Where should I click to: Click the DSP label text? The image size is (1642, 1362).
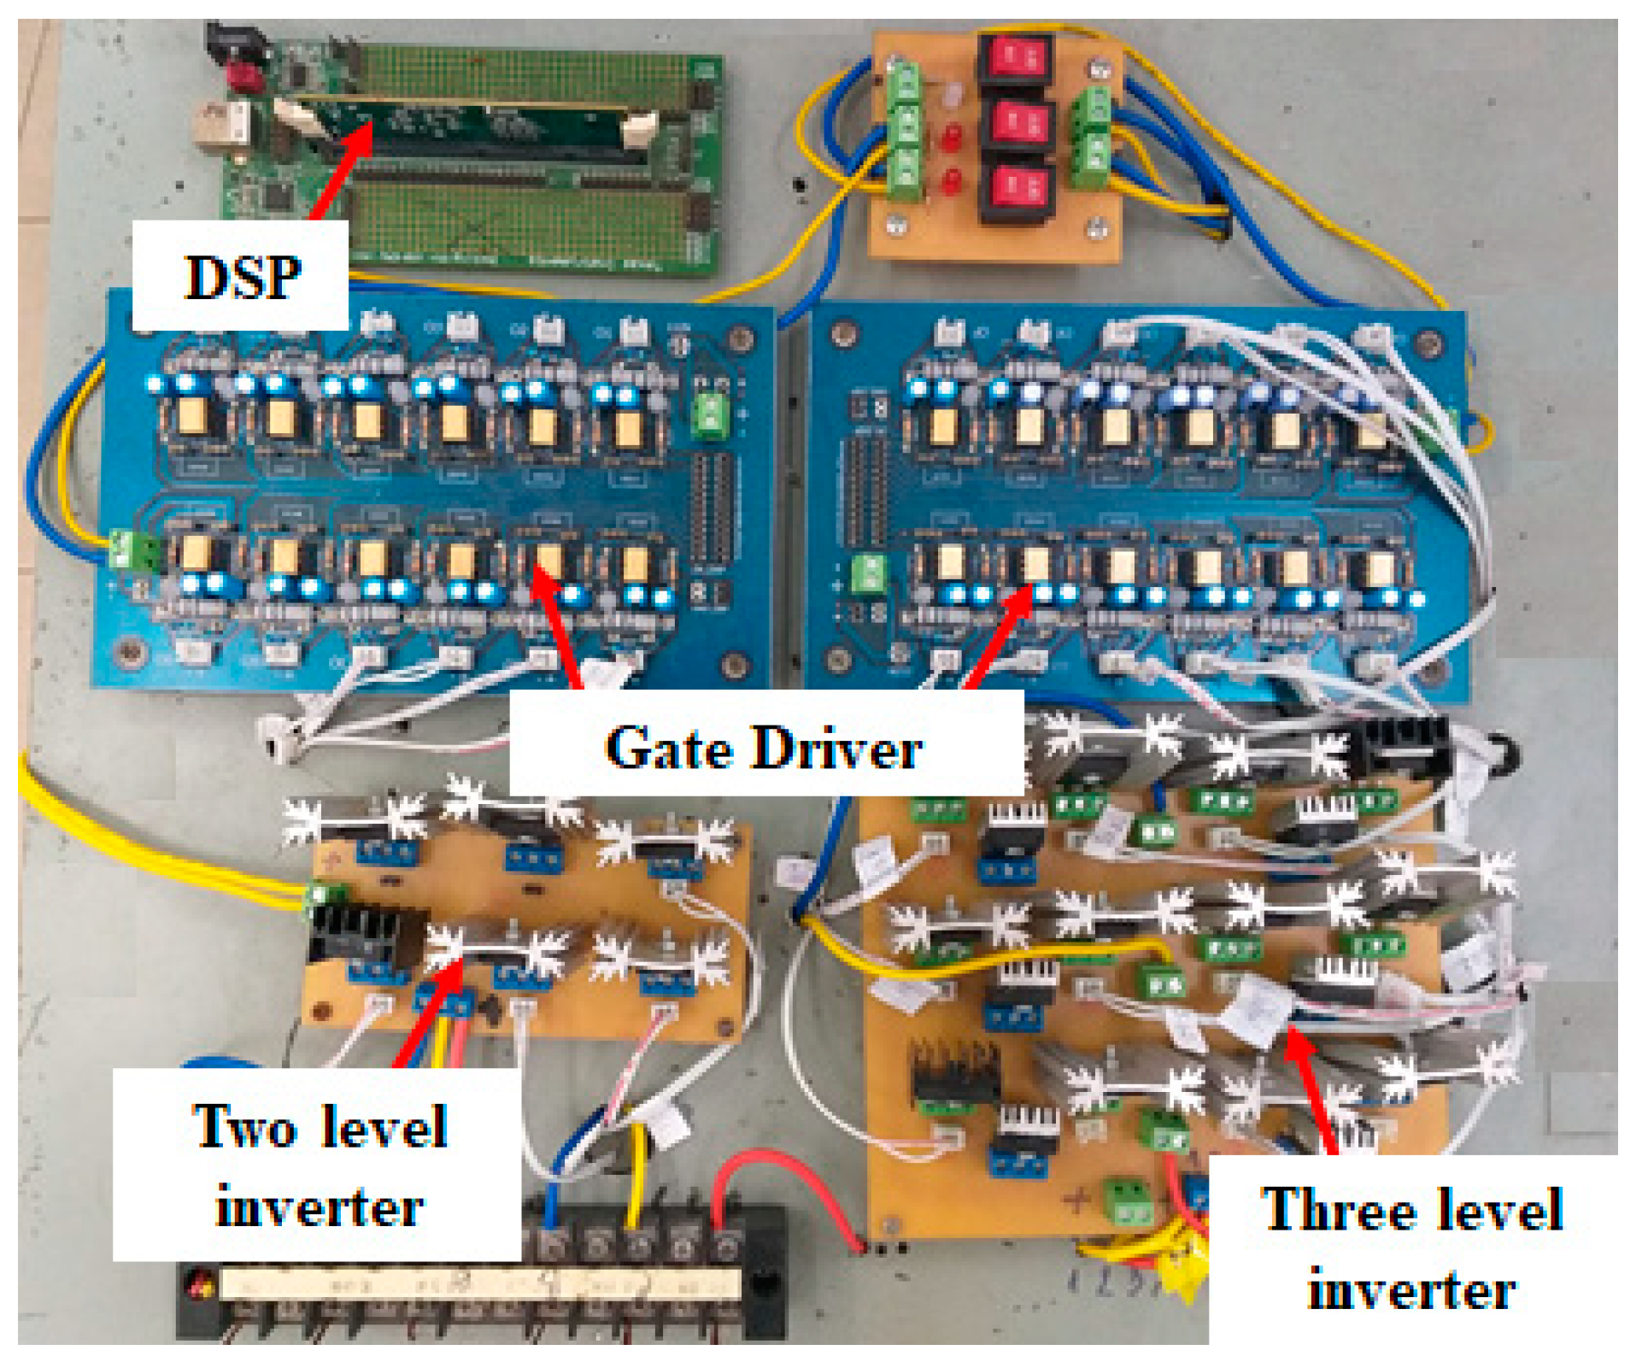click(243, 278)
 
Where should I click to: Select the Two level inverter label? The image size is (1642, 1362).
click(319, 1166)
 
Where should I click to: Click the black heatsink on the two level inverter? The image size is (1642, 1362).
click(363, 936)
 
